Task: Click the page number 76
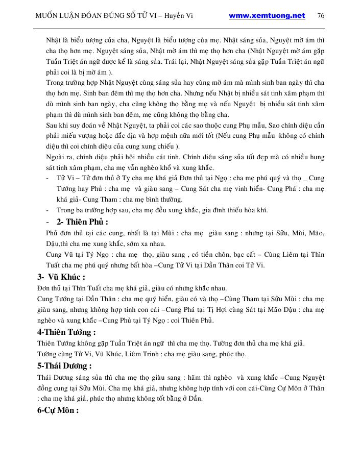(321, 16)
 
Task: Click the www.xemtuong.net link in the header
(267, 16)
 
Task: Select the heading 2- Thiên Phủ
(82, 222)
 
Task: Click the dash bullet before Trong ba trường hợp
(47, 210)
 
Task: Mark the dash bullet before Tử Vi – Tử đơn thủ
(47, 179)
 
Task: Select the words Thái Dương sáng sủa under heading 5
(71, 377)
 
